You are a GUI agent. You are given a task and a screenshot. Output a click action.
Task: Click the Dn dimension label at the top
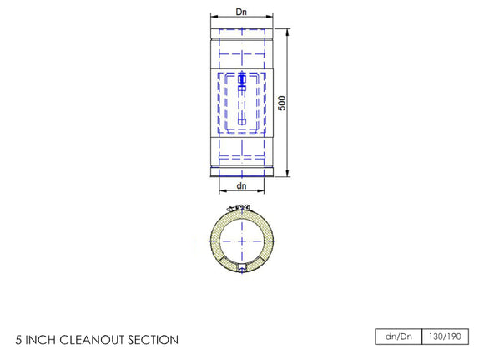click(x=241, y=12)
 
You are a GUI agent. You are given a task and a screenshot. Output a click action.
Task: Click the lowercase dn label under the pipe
click(x=241, y=185)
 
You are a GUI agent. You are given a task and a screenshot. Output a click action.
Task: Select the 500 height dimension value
click(x=282, y=103)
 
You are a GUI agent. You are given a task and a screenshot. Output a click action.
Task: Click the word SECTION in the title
click(x=152, y=340)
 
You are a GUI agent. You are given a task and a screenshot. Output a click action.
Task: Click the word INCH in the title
click(x=42, y=340)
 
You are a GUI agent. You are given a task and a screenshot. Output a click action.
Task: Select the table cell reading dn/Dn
click(x=399, y=337)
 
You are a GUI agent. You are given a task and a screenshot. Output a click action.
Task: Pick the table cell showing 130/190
click(x=445, y=337)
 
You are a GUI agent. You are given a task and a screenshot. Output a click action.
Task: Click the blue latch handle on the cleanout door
click(x=242, y=83)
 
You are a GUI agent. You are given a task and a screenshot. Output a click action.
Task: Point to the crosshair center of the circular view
click(x=241, y=239)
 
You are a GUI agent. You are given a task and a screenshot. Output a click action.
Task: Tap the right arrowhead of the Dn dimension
click(x=271, y=18)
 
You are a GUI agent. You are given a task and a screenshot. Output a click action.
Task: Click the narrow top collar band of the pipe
click(x=241, y=38)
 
